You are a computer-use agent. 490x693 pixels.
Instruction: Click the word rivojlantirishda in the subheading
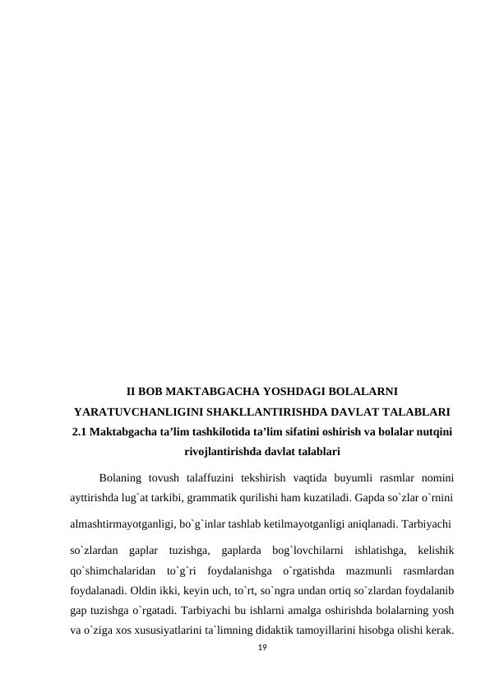(x=223, y=452)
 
